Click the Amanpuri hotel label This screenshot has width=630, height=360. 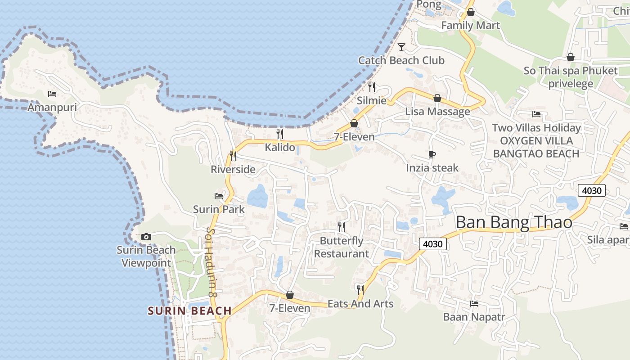pos(52,108)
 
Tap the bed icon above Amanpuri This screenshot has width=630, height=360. pos(52,94)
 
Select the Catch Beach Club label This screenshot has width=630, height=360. pos(401,60)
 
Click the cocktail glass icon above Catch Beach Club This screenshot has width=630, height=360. pos(401,47)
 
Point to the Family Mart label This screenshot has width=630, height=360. pos(470,25)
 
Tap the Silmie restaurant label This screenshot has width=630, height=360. pos(372,100)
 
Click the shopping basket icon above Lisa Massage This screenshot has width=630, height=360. pos(437,98)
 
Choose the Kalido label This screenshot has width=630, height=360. pos(280,147)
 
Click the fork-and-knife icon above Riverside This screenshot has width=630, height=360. pos(233,156)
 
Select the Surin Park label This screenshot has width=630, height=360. pos(219,209)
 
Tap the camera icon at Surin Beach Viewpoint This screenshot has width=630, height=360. pos(146,237)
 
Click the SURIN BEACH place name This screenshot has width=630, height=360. pos(189,310)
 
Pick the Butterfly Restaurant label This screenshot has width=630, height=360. pos(342,247)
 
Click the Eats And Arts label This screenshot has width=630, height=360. pos(360,304)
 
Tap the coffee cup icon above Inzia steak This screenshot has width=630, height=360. pos(432,155)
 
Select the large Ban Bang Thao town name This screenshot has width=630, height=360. pos(514,222)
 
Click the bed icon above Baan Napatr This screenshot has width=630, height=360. pos(474,304)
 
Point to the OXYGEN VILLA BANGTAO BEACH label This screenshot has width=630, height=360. pos(536,147)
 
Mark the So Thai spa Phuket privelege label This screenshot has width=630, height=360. pos(571,77)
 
